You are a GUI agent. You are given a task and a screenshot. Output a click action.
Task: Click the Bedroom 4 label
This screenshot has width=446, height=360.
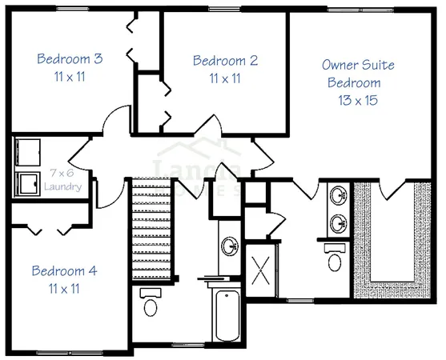64,271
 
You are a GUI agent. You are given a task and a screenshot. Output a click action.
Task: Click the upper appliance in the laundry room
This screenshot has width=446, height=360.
29,152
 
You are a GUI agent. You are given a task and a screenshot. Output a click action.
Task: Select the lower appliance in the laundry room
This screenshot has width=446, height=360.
29,183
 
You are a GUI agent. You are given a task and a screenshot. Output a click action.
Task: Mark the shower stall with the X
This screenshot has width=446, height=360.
260,269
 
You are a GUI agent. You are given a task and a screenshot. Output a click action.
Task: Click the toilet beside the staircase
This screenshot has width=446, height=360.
150,304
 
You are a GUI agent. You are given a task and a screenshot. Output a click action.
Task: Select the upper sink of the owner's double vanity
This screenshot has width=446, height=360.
340,194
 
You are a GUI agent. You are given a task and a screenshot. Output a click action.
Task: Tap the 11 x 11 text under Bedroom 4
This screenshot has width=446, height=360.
64,288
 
